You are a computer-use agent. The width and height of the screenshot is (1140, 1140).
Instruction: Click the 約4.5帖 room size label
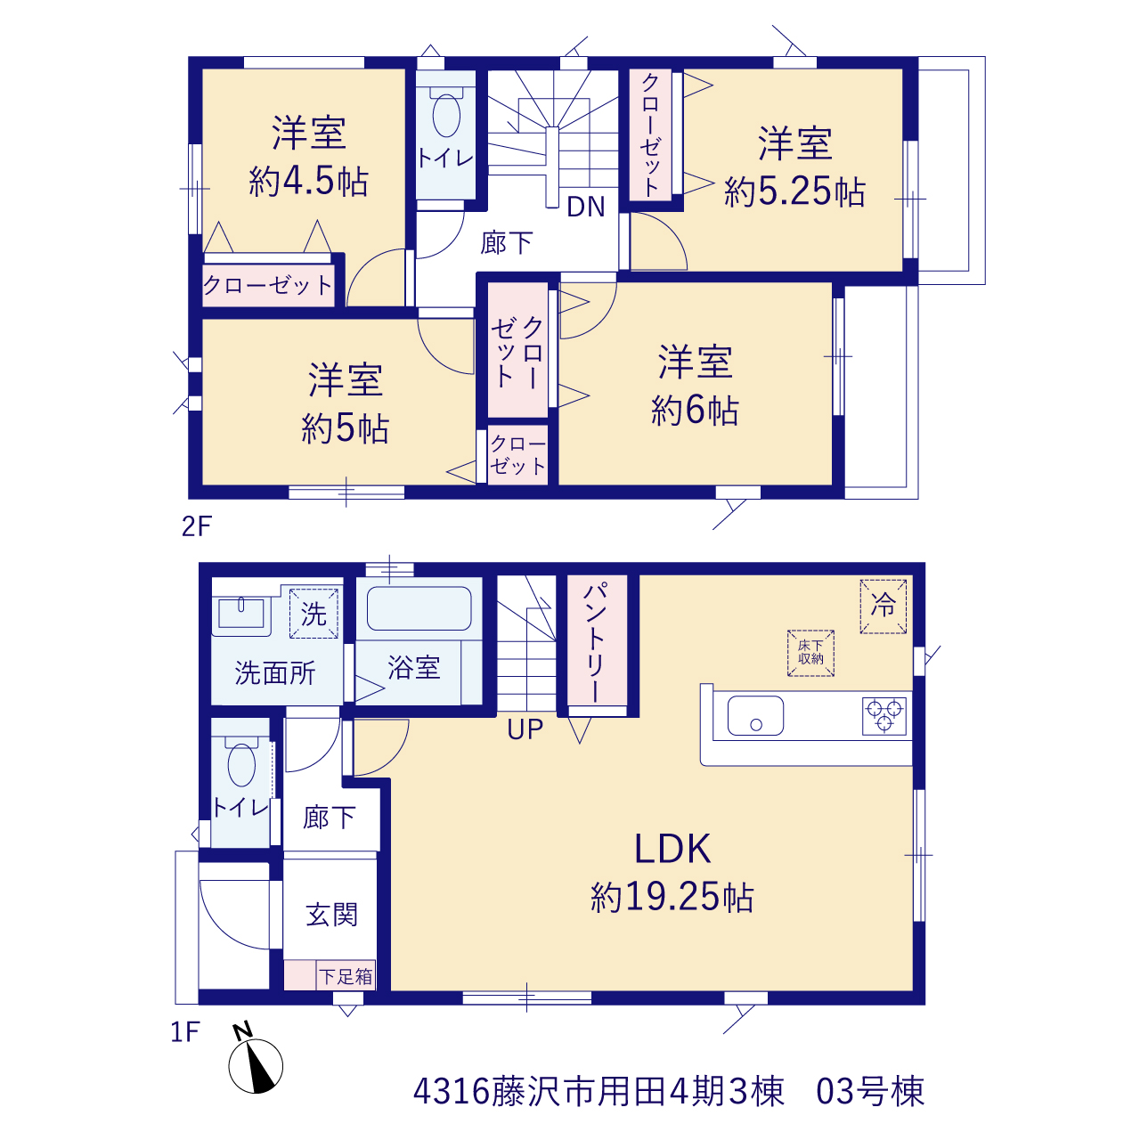pos(308,181)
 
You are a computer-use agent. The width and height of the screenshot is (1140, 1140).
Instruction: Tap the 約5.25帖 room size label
pos(794,191)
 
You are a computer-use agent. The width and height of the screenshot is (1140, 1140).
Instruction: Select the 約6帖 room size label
pos(695,410)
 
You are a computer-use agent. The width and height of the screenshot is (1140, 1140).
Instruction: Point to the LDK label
pos(672,849)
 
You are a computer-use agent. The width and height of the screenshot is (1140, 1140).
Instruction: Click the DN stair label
pos(586,207)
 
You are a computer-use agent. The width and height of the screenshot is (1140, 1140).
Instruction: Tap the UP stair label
pos(525,730)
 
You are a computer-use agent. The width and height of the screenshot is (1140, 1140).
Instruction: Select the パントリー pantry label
pos(597,642)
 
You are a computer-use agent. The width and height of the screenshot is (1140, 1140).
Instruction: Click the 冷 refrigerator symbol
pos(883,607)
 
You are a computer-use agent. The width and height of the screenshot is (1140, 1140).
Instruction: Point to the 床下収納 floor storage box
pos(810,653)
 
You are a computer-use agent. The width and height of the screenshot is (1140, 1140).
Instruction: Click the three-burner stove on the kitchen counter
pos(883,716)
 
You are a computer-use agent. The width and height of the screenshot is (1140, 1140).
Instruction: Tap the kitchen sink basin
pos(755,716)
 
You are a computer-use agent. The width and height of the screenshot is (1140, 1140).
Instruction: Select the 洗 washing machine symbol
pos(313,614)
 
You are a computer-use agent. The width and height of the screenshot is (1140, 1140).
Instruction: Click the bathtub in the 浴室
pos(419,608)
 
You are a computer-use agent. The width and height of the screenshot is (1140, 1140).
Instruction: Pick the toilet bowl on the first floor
pos(241,764)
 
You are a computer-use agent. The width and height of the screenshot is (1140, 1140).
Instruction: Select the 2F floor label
pos(197,526)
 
